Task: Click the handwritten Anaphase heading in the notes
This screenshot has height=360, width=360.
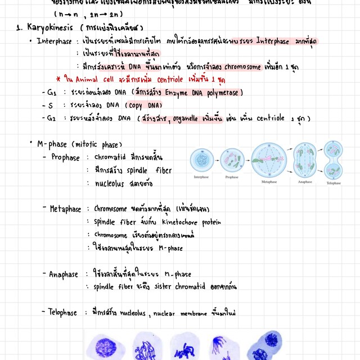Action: point(63,275)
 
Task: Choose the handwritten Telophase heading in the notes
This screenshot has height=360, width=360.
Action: point(63,312)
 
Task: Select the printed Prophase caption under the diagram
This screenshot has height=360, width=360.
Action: point(232,177)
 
